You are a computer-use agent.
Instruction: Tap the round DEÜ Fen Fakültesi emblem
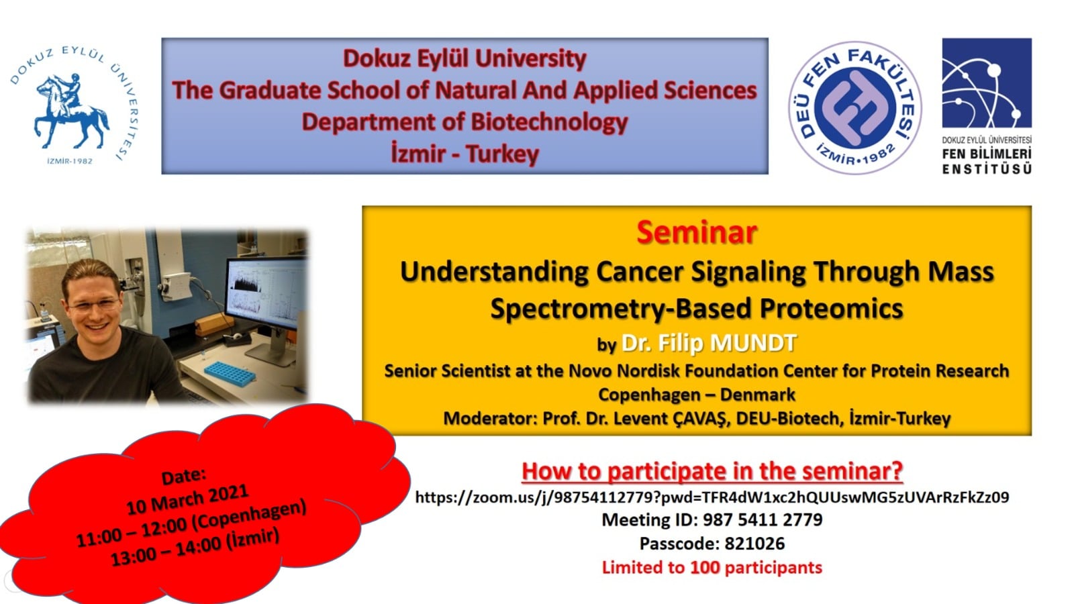[x=855, y=107]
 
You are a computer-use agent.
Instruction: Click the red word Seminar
[x=697, y=232]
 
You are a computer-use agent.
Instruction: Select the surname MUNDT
[x=753, y=343]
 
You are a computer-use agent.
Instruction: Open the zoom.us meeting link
[x=712, y=497]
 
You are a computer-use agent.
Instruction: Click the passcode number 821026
[x=754, y=544]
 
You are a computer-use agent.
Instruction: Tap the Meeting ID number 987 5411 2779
[x=763, y=519]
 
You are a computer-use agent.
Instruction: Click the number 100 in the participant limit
[x=705, y=568]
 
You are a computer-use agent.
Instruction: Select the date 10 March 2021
[x=187, y=499]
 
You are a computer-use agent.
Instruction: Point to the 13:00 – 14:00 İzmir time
[x=195, y=546]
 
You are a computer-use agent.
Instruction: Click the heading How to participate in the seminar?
[x=712, y=470]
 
